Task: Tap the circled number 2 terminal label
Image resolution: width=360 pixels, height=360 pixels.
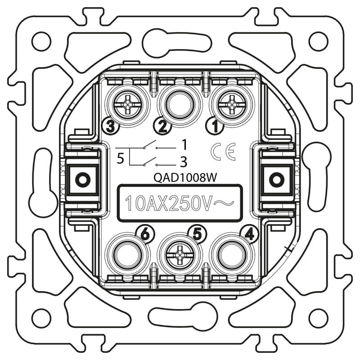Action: tap(162, 126)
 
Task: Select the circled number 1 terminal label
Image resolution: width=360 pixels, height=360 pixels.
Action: tap(215, 126)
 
